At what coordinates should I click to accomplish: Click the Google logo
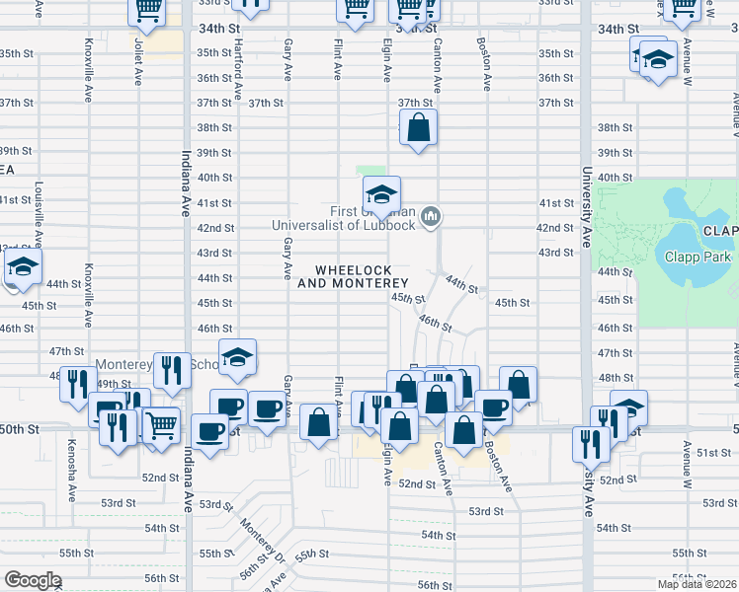pyautogui.click(x=32, y=579)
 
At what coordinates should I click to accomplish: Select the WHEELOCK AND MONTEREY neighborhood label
pyautogui.click(x=353, y=276)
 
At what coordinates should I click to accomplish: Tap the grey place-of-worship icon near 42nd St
pyautogui.click(x=430, y=216)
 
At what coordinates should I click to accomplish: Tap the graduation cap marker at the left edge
pyautogui.click(x=22, y=267)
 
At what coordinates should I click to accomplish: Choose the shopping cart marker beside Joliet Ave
pyautogui.click(x=147, y=10)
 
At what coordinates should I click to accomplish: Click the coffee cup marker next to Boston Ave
pyautogui.click(x=493, y=406)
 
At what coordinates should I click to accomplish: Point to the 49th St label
pyautogui.click(x=115, y=384)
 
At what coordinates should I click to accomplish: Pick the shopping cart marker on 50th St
pyautogui.click(x=160, y=425)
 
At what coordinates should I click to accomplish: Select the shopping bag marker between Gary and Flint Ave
pyautogui.click(x=318, y=422)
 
